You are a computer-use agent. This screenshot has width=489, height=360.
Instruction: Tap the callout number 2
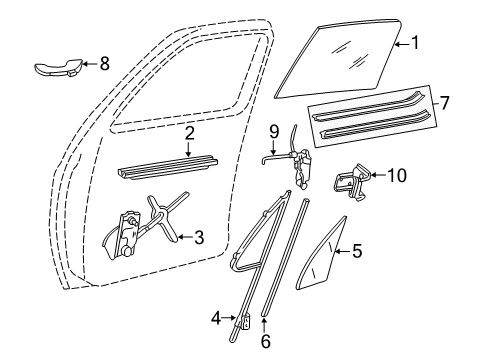189,133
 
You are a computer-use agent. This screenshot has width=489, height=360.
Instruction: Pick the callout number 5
356,252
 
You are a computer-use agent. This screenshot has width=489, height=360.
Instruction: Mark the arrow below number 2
189,150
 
